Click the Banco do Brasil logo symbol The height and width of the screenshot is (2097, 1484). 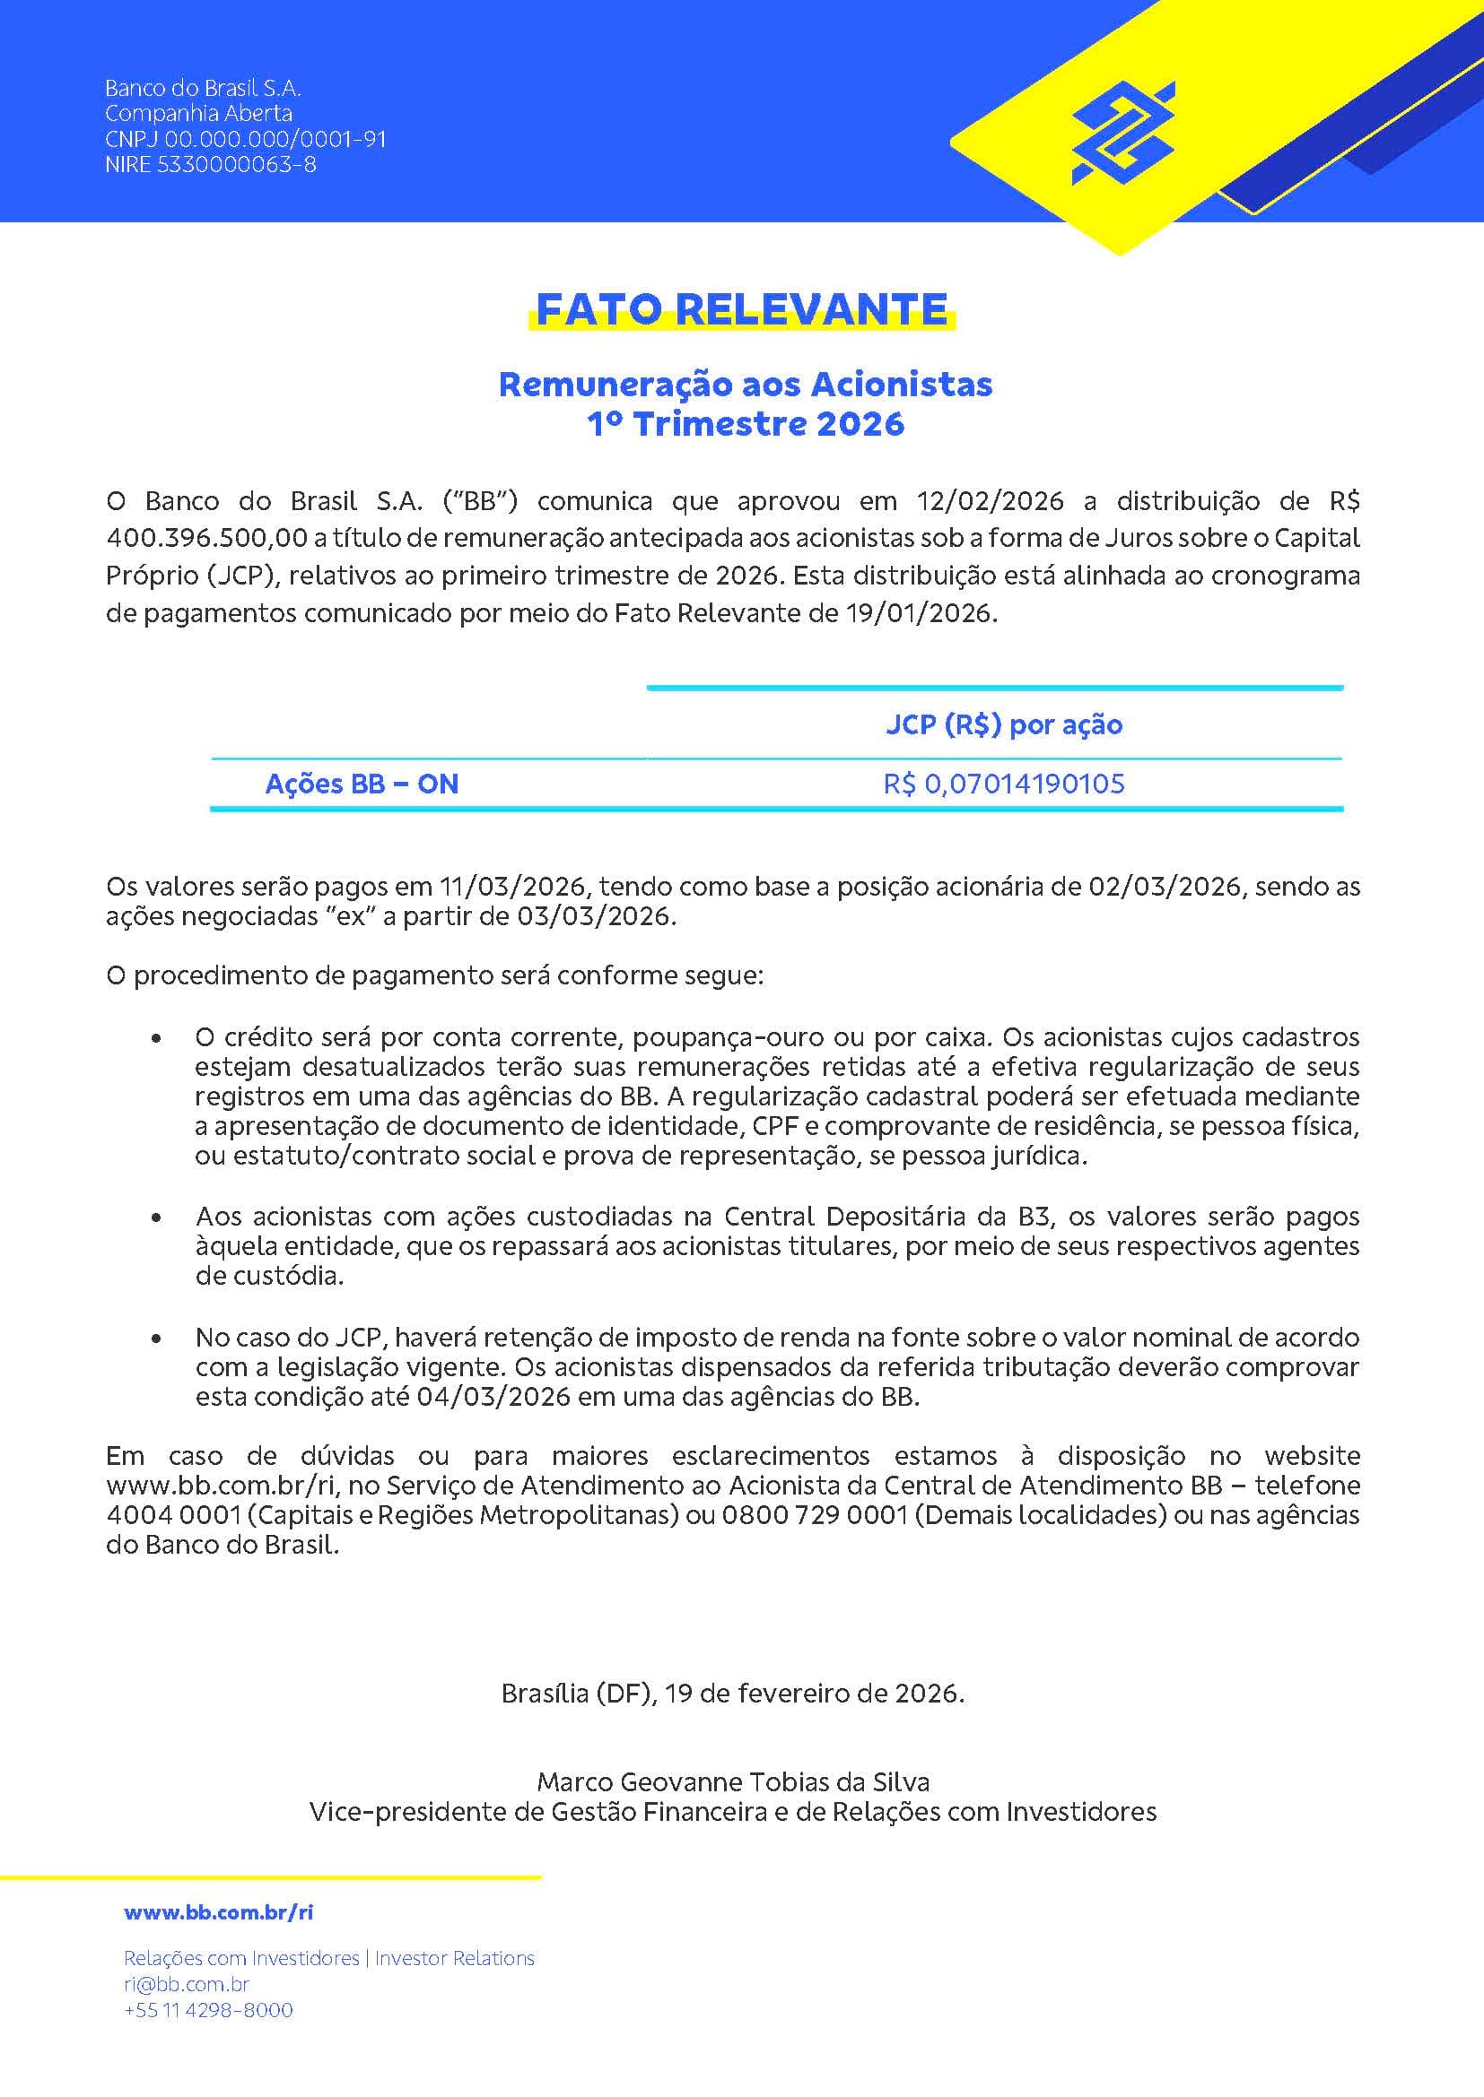click(1123, 133)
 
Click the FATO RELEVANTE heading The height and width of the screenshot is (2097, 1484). click(741, 309)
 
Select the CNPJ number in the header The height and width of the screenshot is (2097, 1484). click(245, 140)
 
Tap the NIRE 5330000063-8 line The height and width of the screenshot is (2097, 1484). click(210, 165)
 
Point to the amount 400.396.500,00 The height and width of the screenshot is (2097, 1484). click(206, 538)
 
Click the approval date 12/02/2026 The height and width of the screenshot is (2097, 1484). click(991, 500)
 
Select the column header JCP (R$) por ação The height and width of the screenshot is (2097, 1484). click(1003, 724)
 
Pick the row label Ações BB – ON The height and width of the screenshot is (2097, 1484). click(362, 784)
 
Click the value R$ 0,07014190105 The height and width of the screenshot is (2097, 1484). click(1003, 784)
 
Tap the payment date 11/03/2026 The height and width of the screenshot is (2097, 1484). click(511, 886)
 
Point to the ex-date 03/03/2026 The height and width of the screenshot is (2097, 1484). click(595, 915)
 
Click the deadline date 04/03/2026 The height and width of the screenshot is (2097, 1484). click(493, 1397)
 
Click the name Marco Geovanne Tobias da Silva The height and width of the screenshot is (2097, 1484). click(733, 1781)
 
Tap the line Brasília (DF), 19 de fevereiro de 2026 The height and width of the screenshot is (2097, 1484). click(733, 1693)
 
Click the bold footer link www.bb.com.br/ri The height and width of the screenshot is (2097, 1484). click(218, 1911)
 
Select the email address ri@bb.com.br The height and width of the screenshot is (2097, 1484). click(187, 1984)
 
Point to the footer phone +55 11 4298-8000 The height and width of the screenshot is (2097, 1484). click(208, 2009)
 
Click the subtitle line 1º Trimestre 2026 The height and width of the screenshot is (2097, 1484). click(745, 424)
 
